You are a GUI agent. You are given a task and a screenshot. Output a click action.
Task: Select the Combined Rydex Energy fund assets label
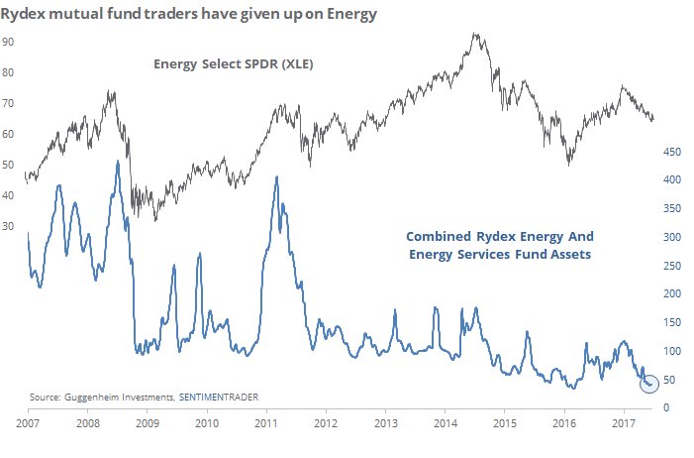(490, 246)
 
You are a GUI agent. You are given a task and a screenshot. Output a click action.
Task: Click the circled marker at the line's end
(649, 383)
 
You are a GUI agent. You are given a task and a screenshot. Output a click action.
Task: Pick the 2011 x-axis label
(266, 422)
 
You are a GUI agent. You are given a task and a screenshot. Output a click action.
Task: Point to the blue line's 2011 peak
(275, 177)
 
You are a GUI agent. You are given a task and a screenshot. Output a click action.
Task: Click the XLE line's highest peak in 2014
(476, 35)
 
